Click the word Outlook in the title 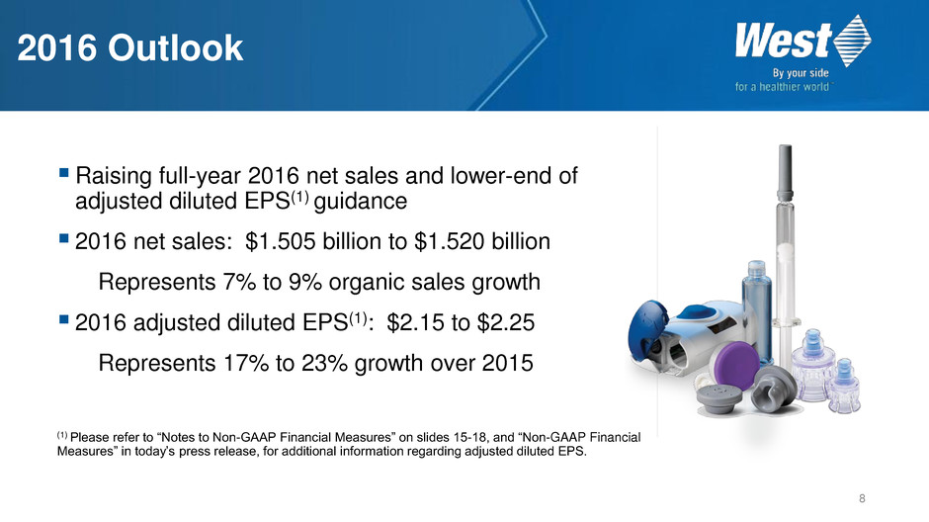(x=175, y=48)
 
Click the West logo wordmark (x=784, y=41)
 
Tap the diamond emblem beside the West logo (x=853, y=41)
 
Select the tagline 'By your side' (x=801, y=73)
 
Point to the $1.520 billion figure (x=482, y=242)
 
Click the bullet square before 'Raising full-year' (x=64, y=173)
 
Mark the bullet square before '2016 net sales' (x=64, y=239)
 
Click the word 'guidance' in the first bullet (x=360, y=202)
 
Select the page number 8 (x=862, y=499)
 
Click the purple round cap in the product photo (x=736, y=366)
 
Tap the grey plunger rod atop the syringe (x=785, y=173)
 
